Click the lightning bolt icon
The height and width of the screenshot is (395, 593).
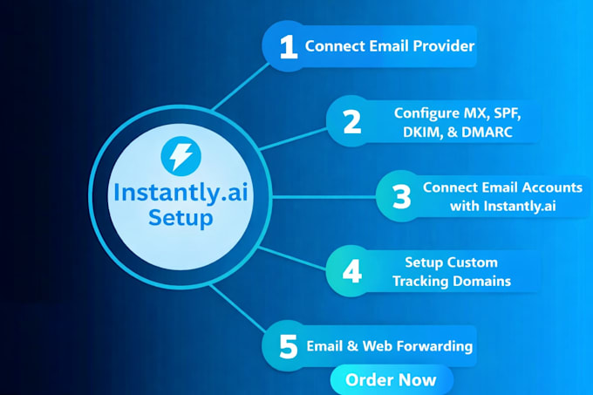click(181, 156)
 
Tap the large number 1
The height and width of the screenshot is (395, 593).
click(288, 47)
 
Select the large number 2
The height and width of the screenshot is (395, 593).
click(352, 122)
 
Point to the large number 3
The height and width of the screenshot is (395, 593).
click(402, 196)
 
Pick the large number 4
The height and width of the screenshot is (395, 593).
click(352, 271)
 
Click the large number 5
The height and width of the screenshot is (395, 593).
click(288, 347)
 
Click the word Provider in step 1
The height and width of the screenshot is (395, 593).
click(444, 46)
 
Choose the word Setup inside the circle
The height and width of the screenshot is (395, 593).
click(181, 218)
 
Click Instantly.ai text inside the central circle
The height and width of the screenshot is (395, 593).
click(181, 193)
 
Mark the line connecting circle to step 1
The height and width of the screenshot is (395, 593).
click(241, 86)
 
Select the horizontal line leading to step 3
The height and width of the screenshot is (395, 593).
click(324, 197)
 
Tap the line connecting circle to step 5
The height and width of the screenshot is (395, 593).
click(237, 309)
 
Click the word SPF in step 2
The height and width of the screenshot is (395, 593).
click(508, 113)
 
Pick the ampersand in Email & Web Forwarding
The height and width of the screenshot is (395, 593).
click(352, 346)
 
